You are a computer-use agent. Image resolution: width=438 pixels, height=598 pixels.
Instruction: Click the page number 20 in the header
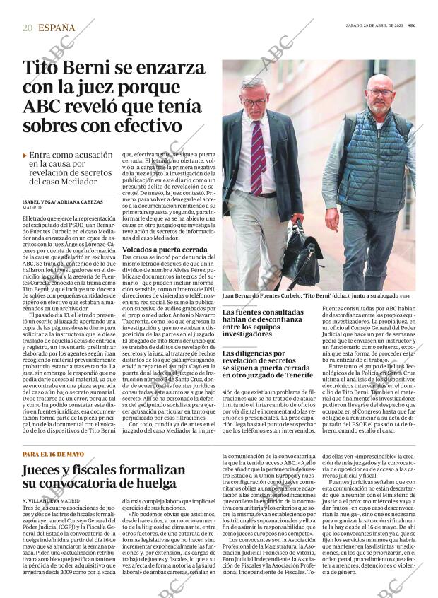(28, 28)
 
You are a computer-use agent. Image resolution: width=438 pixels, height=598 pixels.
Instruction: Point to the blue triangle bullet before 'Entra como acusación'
(25, 156)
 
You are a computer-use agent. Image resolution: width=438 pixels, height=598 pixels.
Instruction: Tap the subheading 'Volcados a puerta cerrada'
(160, 250)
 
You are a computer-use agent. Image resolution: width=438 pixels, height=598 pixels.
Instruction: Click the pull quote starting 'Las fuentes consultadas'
(264, 323)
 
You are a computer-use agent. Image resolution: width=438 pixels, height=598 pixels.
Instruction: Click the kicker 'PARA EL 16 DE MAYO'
(52, 453)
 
